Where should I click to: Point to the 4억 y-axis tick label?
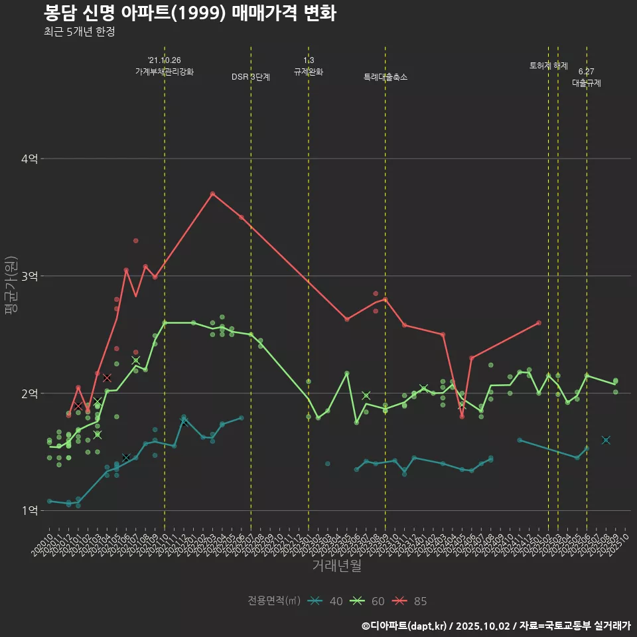[x=29, y=159]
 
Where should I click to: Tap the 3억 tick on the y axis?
[x=29, y=276]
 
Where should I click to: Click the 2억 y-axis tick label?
[x=29, y=393]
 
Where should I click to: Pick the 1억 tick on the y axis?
[x=29, y=510]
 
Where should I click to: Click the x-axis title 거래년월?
[x=336, y=566]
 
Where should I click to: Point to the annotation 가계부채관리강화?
[x=165, y=72]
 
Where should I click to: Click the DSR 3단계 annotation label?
[x=251, y=77]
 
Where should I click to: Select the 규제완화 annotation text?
[x=309, y=72]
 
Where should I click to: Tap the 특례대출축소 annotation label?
[x=386, y=77]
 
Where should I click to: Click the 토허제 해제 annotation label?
[x=549, y=66]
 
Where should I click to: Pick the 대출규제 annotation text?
[x=587, y=84]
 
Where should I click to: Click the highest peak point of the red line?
[x=212, y=194]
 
